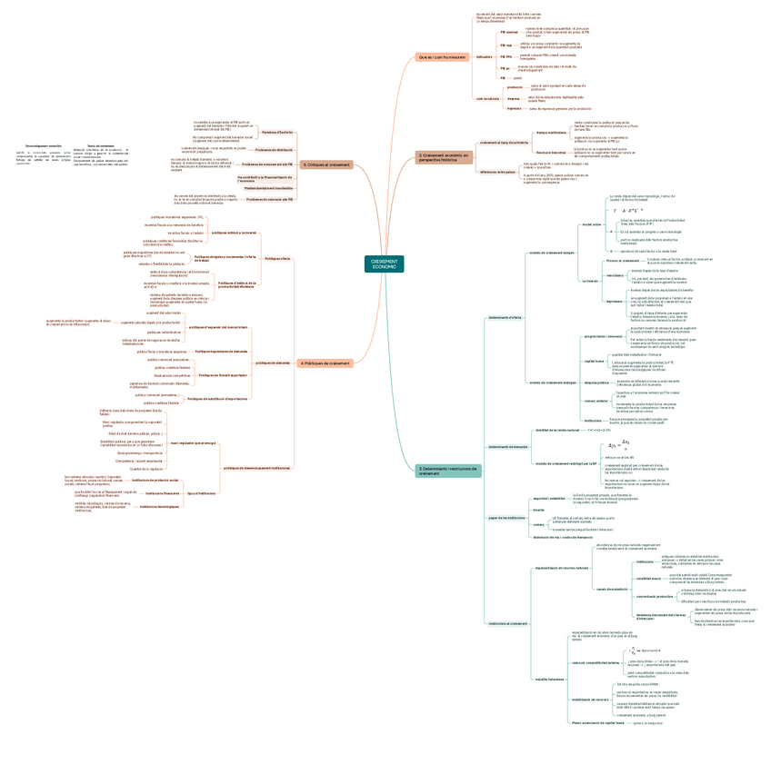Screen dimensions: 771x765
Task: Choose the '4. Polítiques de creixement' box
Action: tap(324, 363)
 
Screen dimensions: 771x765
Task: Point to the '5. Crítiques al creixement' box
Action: tap(325, 164)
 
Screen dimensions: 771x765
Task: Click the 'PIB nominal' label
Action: tap(508, 32)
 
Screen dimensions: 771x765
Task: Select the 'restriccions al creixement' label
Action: tap(506, 623)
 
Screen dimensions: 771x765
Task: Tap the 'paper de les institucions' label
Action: tap(506, 518)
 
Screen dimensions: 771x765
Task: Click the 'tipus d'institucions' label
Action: tap(201, 492)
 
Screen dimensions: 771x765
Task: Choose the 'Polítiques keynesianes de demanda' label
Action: tap(221, 351)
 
